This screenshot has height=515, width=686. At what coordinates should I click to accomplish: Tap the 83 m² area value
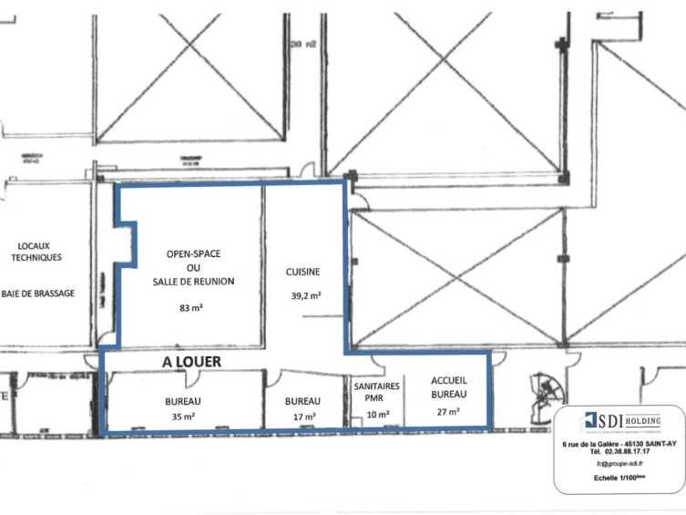(x=191, y=308)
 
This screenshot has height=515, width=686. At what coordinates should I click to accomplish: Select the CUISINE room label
(x=303, y=272)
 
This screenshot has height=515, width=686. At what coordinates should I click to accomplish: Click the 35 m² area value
(x=183, y=417)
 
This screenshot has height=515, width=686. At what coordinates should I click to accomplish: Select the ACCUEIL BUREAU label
(x=448, y=388)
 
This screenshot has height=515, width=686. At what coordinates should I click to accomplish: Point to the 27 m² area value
(x=447, y=412)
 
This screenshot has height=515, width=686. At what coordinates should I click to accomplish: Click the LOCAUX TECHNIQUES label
(x=36, y=251)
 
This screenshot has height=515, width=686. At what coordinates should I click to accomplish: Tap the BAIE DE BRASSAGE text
(x=38, y=293)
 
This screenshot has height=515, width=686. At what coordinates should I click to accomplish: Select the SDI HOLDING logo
(x=619, y=421)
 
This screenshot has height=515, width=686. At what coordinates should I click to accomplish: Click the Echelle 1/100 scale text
(x=619, y=478)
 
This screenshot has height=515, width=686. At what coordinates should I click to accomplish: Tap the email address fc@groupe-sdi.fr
(x=619, y=464)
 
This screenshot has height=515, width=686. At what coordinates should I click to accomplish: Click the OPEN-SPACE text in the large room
(x=193, y=252)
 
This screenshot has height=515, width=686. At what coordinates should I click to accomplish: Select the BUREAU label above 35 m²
(x=183, y=401)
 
